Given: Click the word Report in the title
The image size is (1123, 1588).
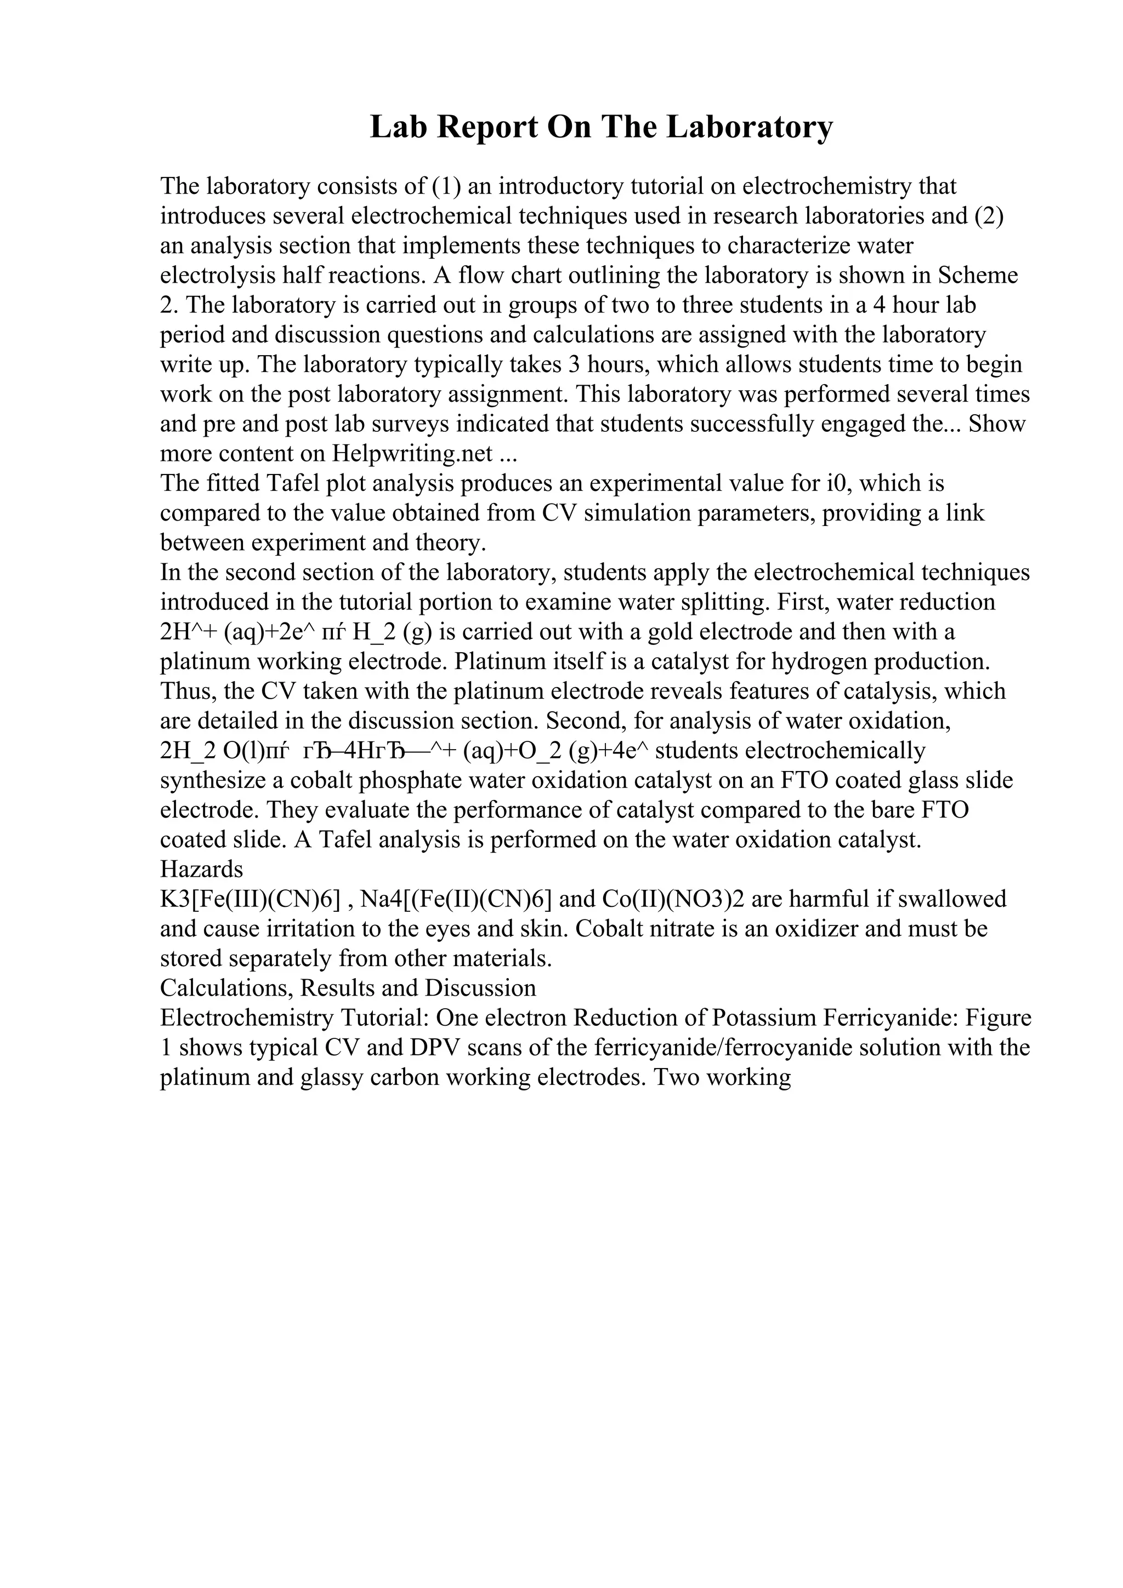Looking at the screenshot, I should (x=483, y=127).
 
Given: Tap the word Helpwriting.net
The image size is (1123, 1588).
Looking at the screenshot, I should (x=412, y=454).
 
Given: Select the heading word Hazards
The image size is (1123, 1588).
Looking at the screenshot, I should (x=201, y=869).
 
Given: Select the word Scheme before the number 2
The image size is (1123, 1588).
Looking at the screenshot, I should (x=978, y=275).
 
